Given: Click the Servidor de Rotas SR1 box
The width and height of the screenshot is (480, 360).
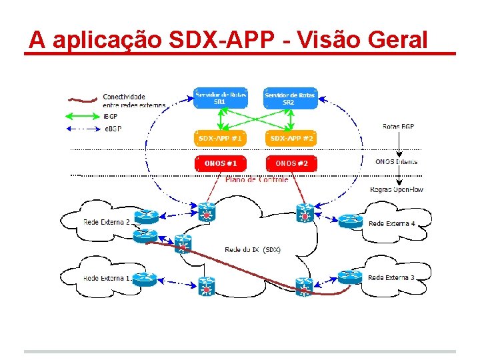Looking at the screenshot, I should [x=220, y=99].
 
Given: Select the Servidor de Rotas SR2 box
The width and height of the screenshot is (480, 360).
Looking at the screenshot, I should [x=289, y=99].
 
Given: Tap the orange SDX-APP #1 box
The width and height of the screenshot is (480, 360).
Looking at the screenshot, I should [x=220, y=139].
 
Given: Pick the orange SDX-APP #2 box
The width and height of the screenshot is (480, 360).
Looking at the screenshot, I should [x=290, y=139].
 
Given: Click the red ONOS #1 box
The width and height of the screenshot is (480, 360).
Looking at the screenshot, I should [x=220, y=163].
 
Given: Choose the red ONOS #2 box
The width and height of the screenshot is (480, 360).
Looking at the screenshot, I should [x=290, y=163].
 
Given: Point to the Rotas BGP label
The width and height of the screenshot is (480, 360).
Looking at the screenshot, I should [x=398, y=126].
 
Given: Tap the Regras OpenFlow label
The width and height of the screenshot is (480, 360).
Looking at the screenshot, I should [x=397, y=189].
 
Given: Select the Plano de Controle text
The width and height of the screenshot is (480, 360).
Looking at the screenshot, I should [x=257, y=179].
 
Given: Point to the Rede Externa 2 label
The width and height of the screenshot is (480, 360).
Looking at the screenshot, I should [x=107, y=222].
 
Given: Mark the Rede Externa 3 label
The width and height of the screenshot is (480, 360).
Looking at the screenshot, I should [x=391, y=277].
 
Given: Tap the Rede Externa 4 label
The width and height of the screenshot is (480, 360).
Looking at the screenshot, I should [x=392, y=223].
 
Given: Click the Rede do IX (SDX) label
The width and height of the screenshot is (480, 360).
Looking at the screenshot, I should [x=253, y=249].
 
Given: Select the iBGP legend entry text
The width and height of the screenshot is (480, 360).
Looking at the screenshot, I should [x=111, y=117].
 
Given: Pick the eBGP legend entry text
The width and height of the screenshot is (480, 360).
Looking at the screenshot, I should [x=113, y=128].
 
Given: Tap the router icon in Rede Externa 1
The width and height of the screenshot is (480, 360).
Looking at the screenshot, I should [x=144, y=278].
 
